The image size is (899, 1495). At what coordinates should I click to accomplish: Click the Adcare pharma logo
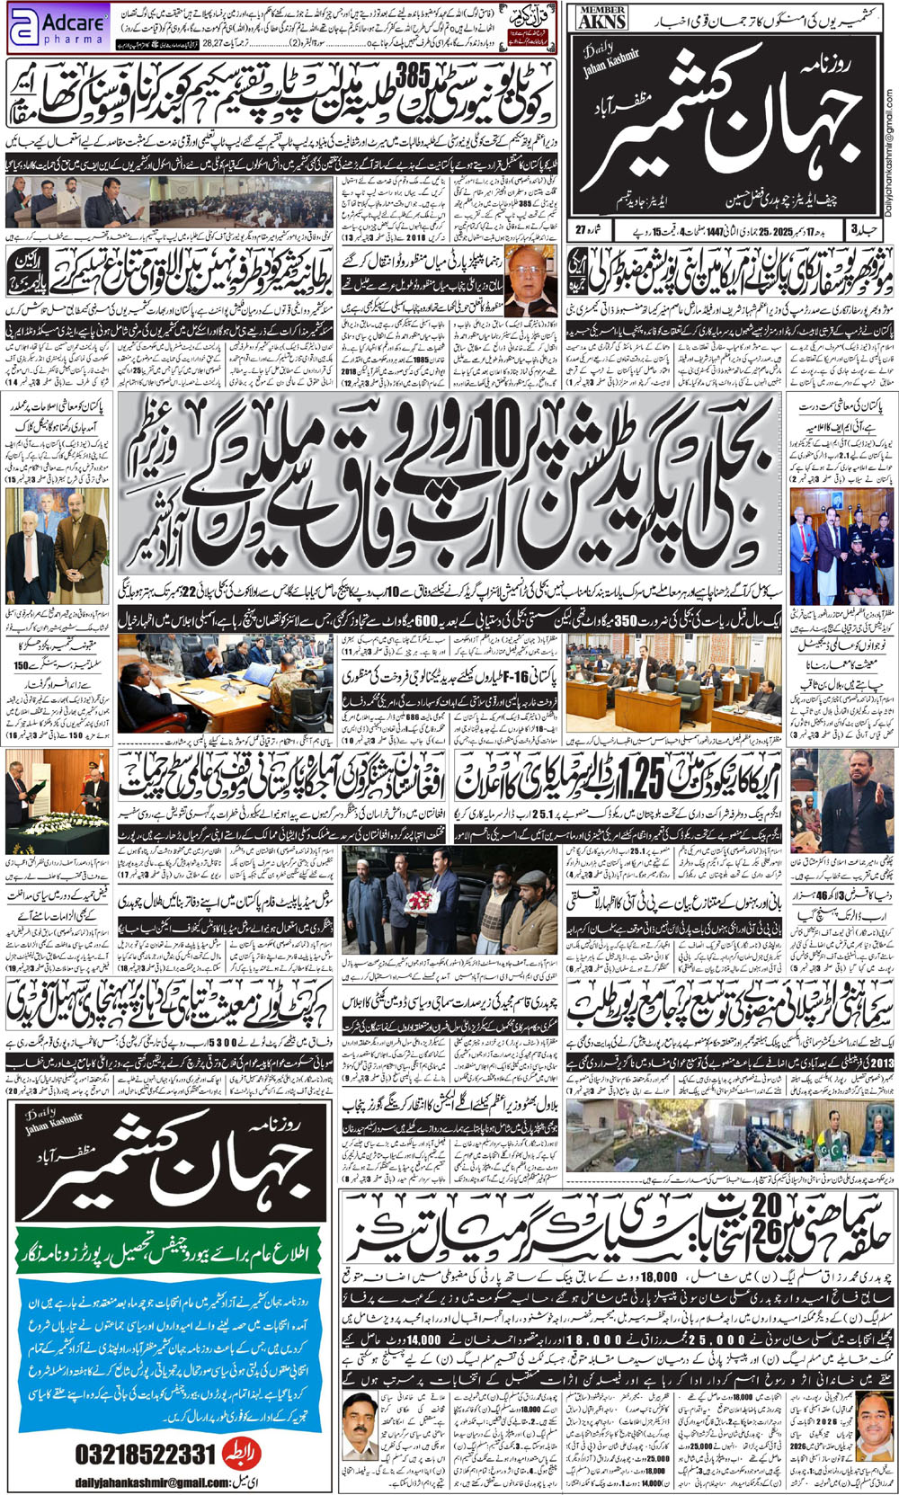tap(57, 27)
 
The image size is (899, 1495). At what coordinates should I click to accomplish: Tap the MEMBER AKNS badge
tap(601, 18)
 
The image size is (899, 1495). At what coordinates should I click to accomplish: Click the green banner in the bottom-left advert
tap(169, 1251)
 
